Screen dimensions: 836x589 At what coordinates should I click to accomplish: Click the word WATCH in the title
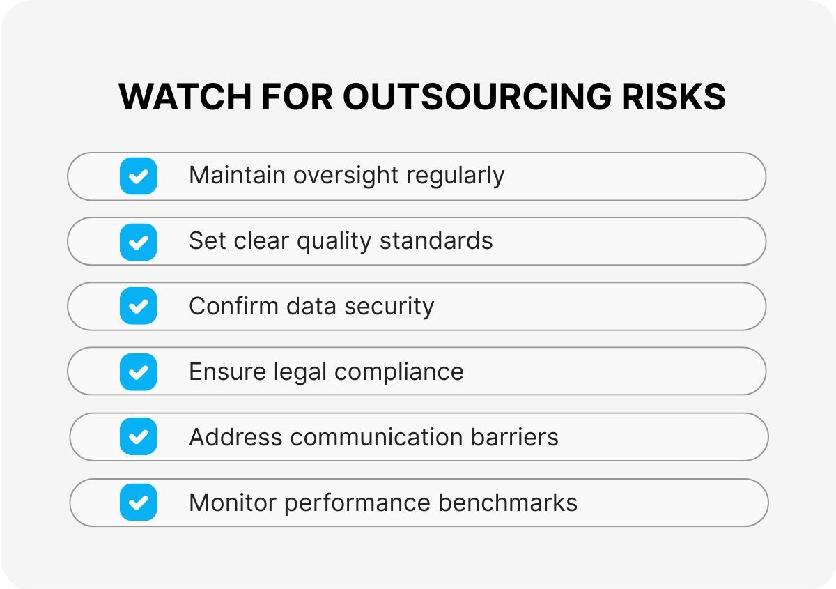click(x=185, y=97)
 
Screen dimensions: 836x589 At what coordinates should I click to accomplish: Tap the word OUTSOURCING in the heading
click(x=477, y=97)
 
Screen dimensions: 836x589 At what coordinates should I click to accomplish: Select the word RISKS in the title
click(x=674, y=97)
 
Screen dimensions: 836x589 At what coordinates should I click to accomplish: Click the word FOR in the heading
click(x=297, y=97)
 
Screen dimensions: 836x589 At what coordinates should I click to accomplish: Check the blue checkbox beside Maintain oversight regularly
click(x=139, y=176)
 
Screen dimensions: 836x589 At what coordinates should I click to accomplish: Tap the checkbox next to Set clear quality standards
click(x=139, y=242)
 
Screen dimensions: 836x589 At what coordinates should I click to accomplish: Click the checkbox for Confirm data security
click(x=139, y=306)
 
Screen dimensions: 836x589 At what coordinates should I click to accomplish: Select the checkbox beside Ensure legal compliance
click(x=139, y=372)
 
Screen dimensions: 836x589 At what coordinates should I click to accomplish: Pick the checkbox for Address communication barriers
click(x=139, y=436)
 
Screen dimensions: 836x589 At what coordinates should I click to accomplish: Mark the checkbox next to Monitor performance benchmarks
click(x=139, y=503)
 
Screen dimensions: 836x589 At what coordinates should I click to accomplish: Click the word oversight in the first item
click(x=346, y=176)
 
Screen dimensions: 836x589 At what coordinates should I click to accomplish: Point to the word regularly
click(x=456, y=176)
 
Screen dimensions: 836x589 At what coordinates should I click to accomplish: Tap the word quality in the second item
click(x=334, y=242)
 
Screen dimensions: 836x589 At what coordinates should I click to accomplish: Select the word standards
click(x=436, y=241)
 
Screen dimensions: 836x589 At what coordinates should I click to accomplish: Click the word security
click(x=389, y=307)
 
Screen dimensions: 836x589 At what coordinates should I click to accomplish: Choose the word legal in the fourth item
click(x=300, y=373)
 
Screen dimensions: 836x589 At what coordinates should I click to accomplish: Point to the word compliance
click(x=399, y=373)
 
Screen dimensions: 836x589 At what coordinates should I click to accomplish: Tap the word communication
click(x=377, y=437)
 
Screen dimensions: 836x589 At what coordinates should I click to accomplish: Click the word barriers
click(x=515, y=437)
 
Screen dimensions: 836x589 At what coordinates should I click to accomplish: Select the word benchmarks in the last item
click(x=508, y=503)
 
